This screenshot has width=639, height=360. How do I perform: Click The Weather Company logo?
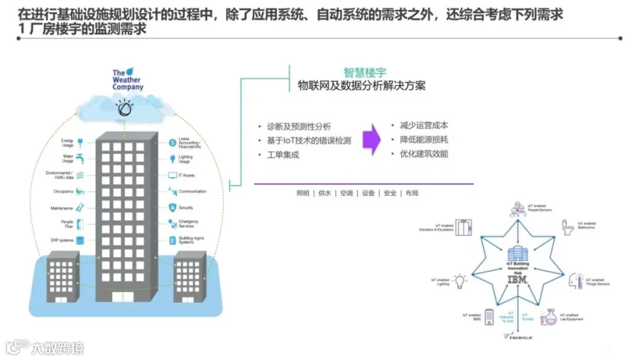[128, 80]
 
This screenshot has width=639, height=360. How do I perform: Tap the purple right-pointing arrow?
[371, 139]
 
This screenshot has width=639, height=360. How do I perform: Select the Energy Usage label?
[67, 143]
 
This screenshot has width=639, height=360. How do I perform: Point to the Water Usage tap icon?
[80, 158]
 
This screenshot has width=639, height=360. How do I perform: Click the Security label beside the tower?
[186, 207]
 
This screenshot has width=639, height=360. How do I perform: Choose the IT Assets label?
[188, 175]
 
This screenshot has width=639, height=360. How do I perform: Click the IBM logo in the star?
[517, 280]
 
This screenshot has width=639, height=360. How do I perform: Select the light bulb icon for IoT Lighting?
[460, 281]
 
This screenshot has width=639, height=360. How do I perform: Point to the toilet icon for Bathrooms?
[567, 227]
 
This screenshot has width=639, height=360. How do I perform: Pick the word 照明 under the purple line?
[302, 193]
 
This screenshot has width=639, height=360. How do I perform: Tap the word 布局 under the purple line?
[412, 193]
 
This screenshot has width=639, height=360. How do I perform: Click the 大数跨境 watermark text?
[56, 347]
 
